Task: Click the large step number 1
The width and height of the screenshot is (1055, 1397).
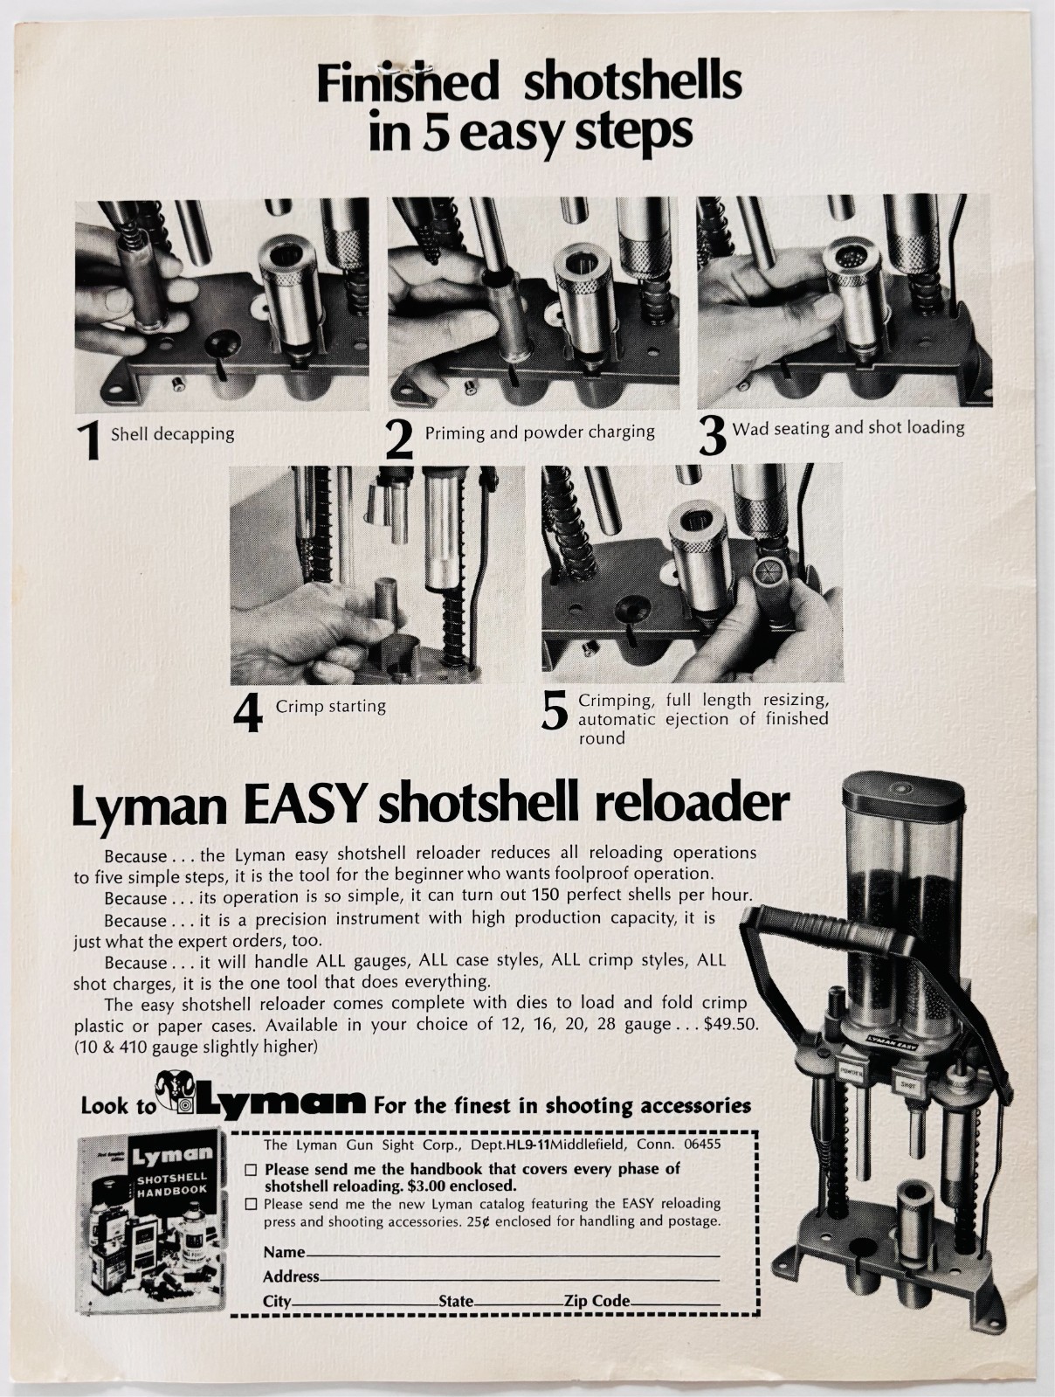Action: [90, 439]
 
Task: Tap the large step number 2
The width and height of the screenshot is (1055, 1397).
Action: [399, 439]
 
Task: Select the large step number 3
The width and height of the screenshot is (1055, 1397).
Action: [713, 436]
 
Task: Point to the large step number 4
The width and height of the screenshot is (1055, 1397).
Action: [247, 713]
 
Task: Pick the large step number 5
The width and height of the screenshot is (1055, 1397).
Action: [554, 711]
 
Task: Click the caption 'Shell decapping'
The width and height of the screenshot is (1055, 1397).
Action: [172, 435]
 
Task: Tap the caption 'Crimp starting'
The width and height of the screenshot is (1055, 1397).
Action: [330, 707]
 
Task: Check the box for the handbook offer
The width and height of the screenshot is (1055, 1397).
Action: [252, 1170]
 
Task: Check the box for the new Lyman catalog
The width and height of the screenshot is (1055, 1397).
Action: [252, 1204]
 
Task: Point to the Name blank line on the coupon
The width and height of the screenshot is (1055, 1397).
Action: [513, 1255]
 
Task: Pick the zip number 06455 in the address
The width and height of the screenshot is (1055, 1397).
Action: [702, 1145]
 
